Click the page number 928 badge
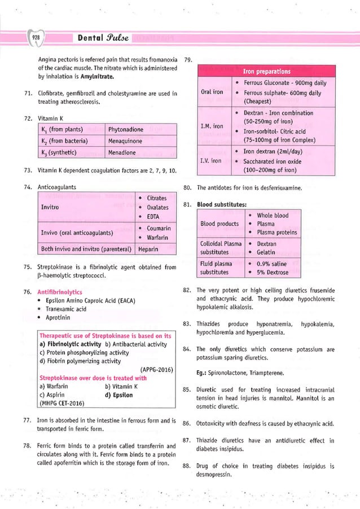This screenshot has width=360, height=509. [x=36, y=38]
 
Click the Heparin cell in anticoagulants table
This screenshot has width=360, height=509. [x=148, y=248]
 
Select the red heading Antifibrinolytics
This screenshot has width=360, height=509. [x=60, y=292]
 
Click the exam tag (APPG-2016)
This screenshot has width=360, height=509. [x=156, y=370]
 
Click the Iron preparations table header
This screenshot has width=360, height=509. [x=266, y=72]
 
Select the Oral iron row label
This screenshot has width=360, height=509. [x=212, y=92]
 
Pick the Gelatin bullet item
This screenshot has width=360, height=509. [x=266, y=253]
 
